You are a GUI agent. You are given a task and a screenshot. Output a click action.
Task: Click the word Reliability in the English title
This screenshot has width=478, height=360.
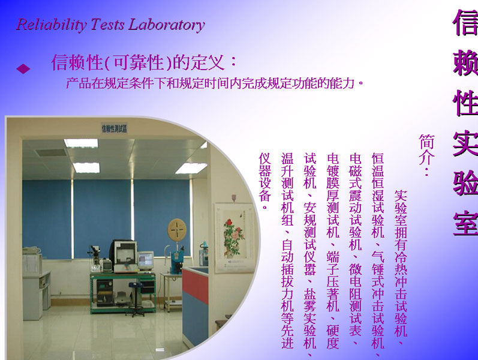coord(51,25)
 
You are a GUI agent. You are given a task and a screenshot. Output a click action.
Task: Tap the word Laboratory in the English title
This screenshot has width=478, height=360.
coord(167,25)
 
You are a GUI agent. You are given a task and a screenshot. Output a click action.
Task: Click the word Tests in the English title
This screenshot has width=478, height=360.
coord(107,24)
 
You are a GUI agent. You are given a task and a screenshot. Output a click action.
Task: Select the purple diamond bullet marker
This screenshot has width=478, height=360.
coord(23,68)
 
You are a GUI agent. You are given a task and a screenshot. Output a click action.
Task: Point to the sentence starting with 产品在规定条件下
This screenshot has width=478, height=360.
coord(215,83)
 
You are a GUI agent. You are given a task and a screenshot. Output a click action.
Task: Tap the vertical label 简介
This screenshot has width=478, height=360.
coord(426,155)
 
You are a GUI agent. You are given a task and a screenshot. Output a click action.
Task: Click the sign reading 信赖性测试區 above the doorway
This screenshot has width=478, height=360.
coord(114,128)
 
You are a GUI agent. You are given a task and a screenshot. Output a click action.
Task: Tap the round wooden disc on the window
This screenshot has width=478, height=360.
coord(177,229)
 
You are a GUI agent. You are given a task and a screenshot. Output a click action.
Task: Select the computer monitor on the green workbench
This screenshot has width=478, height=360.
coord(146,260)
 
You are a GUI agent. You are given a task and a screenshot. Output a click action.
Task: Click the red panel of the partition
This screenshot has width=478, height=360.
coord(195,285)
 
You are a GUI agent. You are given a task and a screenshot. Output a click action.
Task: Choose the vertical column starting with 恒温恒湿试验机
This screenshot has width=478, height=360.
coord(378,254)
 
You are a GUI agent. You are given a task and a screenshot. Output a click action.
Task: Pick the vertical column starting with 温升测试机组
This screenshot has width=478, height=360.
coord(287,251)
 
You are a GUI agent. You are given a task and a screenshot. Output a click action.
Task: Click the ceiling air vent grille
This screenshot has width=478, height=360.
coord(52,152)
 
